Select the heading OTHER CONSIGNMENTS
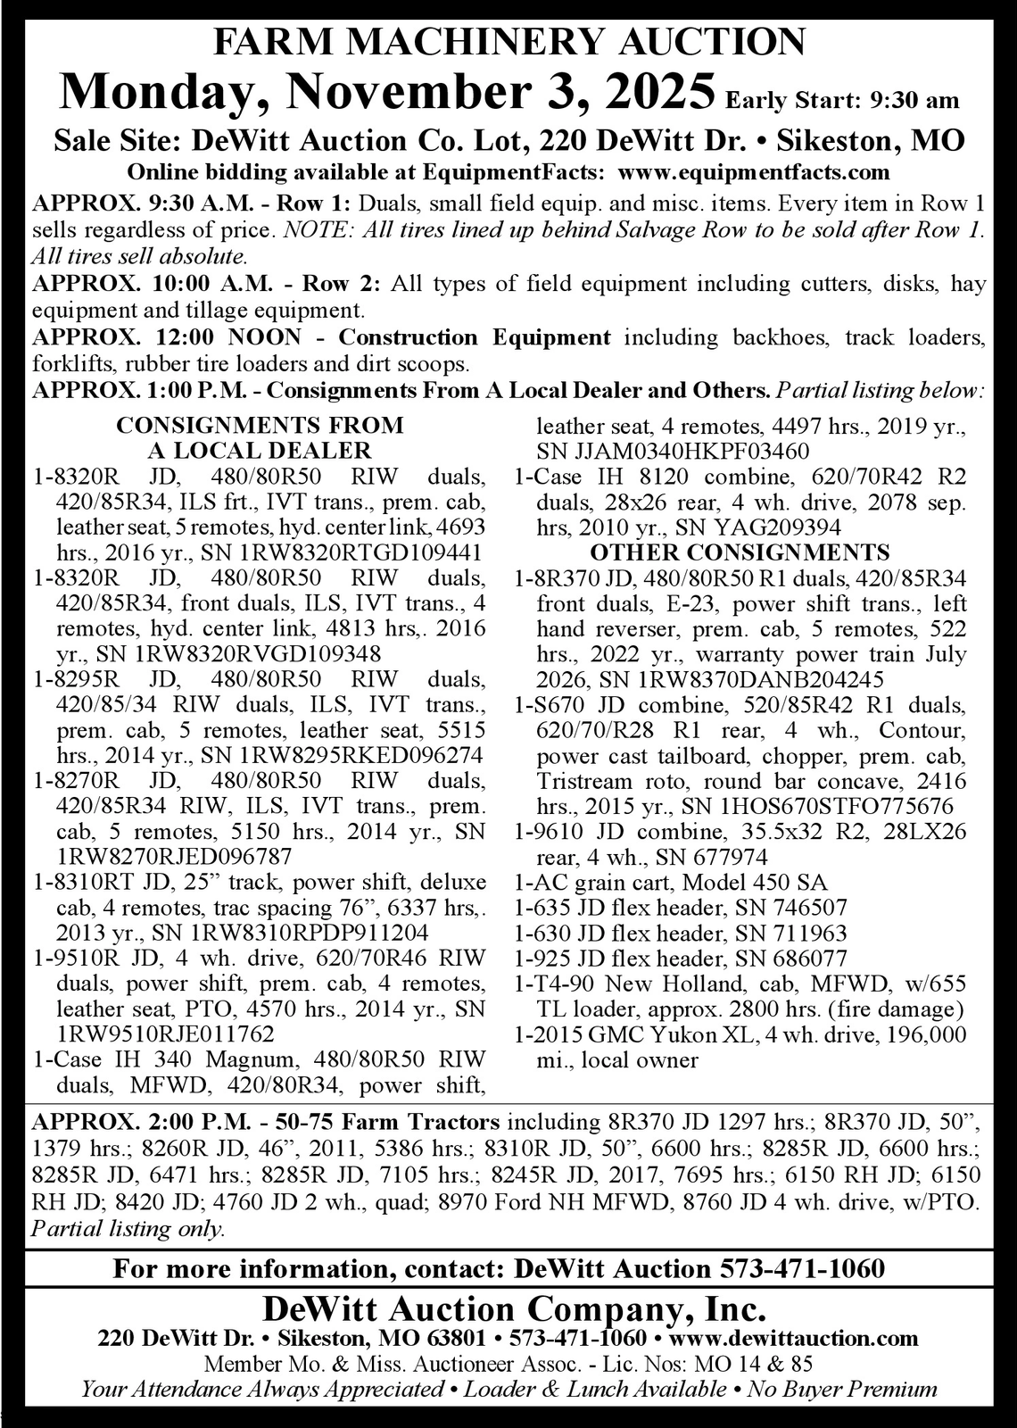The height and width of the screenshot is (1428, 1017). coord(740,552)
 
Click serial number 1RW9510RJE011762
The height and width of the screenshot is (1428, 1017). coord(165,1034)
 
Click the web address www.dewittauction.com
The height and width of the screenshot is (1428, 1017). coord(793,1338)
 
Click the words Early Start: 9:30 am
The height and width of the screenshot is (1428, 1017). coord(843,100)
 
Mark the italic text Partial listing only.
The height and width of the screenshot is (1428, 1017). coord(128,1228)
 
